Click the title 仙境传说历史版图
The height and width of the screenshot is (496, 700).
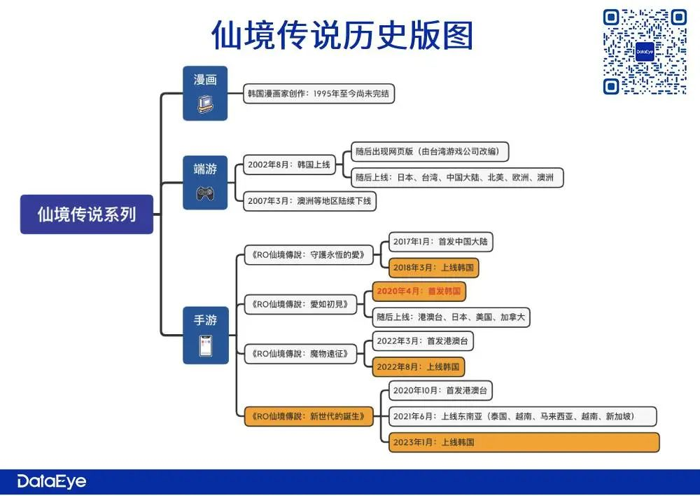click(x=342, y=36)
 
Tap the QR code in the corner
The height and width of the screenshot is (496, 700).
click(x=645, y=52)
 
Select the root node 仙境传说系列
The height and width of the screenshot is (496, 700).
click(x=87, y=214)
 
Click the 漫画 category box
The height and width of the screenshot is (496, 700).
click(x=205, y=92)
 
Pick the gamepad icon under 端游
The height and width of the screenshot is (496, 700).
click(x=205, y=191)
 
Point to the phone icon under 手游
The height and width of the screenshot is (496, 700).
click(x=205, y=346)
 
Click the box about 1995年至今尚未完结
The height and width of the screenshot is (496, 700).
click(x=320, y=93)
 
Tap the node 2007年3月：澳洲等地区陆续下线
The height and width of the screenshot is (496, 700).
click(x=309, y=202)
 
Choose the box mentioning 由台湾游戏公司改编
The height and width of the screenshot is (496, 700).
click(x=430, y=151)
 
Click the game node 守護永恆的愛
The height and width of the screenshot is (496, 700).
click(x=309, y=255)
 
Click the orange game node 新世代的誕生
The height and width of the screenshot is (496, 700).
click(x=309, y=416)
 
